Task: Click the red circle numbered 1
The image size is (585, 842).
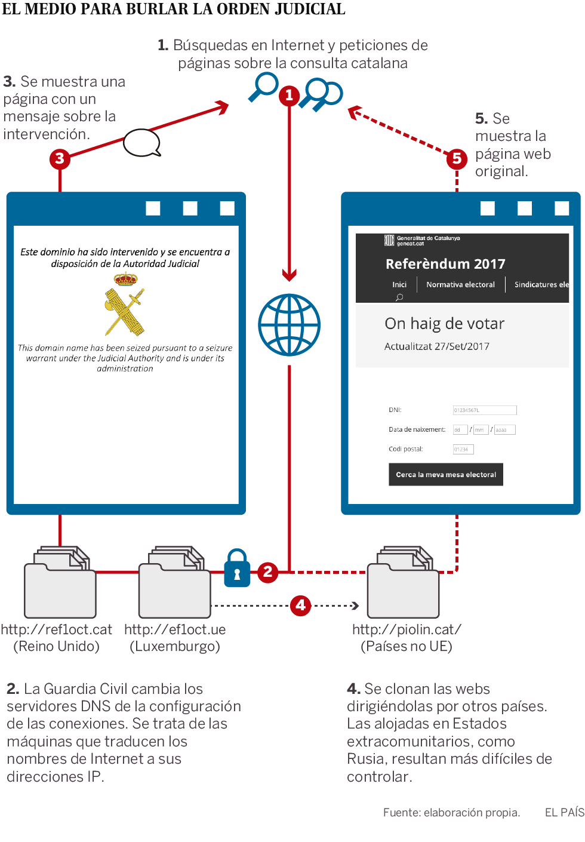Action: [290, 95]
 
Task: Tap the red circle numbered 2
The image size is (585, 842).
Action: [267, 572]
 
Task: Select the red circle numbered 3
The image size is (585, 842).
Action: [60, 159]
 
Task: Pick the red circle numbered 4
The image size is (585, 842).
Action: [300, 605]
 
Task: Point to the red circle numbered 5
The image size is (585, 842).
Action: [457, 158]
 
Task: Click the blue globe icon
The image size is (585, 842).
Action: [290, 325]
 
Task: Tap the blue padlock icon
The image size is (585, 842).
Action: [237, 568]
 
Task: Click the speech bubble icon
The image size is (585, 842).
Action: [142, 143]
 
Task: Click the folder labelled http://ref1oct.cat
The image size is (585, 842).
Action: [60, 585]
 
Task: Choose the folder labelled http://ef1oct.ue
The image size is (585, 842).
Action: [174, 585]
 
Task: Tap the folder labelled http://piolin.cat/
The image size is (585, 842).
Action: [404, 585]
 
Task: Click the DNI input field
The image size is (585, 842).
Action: [485, 410]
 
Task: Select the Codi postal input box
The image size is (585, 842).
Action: [463, 449]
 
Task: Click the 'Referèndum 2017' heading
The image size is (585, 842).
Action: [445, 264]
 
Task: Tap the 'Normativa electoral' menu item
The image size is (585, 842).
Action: [460, 285]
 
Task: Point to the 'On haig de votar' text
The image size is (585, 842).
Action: [445, 324]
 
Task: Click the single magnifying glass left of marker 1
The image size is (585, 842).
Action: [263, 87]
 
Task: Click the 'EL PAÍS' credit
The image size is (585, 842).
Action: [564, 812]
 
